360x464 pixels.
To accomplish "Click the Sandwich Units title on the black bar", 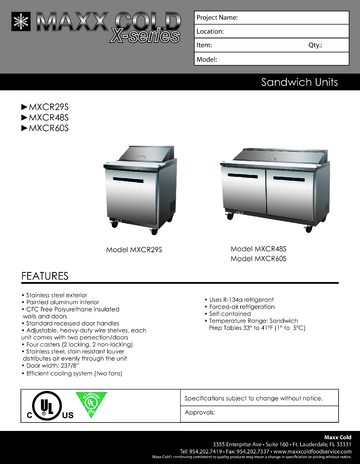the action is (x=304, y=83).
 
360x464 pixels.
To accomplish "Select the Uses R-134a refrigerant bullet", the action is (x=246, y=297).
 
